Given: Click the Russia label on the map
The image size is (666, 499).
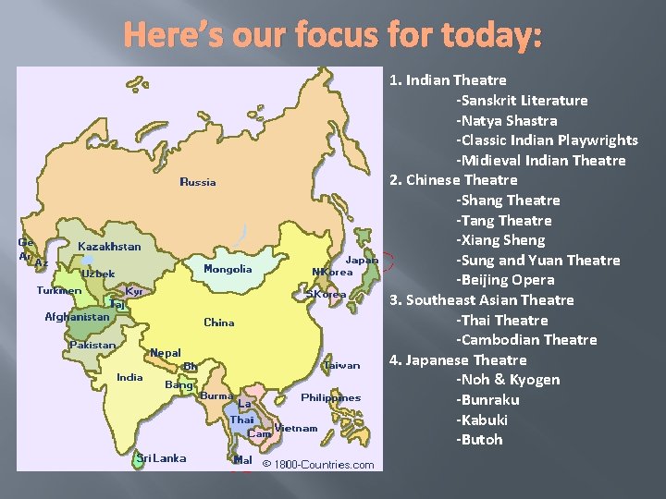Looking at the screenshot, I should coord(198,182).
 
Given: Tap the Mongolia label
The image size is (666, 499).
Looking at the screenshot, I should coord(228,269).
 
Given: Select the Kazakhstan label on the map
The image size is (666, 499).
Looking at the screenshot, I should coord(110,247).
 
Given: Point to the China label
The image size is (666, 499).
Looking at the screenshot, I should coord(219,323).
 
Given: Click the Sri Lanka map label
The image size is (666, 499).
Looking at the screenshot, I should coord(161,458).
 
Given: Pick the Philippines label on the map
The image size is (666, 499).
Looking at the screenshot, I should coord(330,397).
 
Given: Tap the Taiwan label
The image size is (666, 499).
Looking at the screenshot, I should coord(341,365).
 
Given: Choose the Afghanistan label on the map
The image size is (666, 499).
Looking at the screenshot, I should coord(77,317).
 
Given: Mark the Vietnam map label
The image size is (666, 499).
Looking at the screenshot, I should coord(296,428).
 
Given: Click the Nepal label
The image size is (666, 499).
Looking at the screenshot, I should coord(166,353).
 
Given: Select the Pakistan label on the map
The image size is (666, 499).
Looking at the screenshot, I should coord(92,346).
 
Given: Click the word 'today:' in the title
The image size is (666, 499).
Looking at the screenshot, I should coord(497,36).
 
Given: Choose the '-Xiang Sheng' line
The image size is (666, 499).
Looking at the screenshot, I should coord(500,240).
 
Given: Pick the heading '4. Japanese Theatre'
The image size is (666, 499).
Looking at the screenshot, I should coord(458,359).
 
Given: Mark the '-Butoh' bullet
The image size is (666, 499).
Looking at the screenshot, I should coord(479,440).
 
